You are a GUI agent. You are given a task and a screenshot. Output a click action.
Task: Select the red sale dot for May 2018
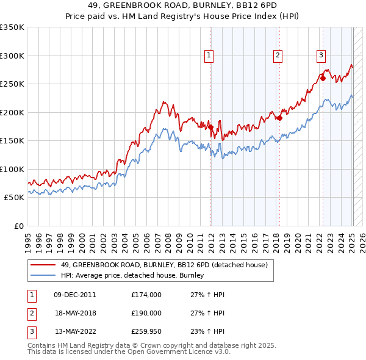pyautogui.click(x=279, y=118)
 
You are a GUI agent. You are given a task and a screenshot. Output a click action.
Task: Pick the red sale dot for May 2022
pyautogui.click(x=323, y=79)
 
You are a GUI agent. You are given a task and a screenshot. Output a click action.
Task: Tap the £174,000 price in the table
pyautogui.click(x=146, y=295)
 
